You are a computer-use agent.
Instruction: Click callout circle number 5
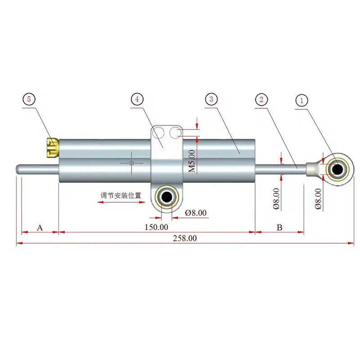point(29,99)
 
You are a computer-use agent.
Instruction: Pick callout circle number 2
point(261,100)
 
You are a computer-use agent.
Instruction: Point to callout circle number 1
point(302,100)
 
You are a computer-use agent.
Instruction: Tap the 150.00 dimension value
point(157,227)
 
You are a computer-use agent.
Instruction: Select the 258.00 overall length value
point(185,239)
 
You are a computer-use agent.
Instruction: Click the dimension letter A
point(40,227)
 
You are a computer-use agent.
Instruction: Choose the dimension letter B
point(279,227)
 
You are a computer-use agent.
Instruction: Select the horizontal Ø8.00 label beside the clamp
point(196,213)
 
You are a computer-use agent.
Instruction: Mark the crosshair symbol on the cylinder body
point(131,163)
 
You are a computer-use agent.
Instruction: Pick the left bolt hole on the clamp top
point(158,133)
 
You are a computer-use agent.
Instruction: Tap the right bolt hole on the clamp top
point(175,133)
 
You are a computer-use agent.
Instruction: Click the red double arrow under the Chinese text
point(121,202)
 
